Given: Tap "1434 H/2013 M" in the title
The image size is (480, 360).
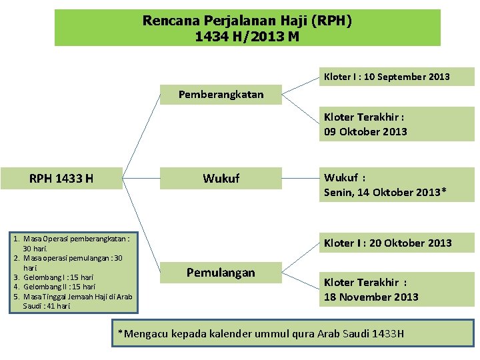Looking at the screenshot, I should tap(247, 37).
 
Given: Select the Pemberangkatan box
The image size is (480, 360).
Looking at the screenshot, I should tap(221, 95).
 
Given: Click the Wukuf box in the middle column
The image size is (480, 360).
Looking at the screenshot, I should tap(221, 179).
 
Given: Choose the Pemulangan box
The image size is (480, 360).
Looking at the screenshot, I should tap(221, 273).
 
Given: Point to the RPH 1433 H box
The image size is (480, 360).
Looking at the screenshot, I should tap(61, 178).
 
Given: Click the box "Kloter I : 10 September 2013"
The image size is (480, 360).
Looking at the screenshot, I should tap(387, 77).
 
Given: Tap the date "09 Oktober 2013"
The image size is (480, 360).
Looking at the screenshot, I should tap(365, 131).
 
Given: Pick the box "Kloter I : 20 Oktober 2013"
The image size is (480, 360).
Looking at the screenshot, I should tap(387, 243).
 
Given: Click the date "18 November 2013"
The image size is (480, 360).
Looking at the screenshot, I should tap(371, 297).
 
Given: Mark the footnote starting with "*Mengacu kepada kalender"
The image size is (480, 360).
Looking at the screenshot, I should tap(261, 333).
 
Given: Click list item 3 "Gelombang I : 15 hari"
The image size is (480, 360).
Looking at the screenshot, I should tap(58, 277).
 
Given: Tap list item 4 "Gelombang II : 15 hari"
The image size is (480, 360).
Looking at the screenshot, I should tap(59, 287).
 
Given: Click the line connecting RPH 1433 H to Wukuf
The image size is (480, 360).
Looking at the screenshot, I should tap(141, 179).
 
